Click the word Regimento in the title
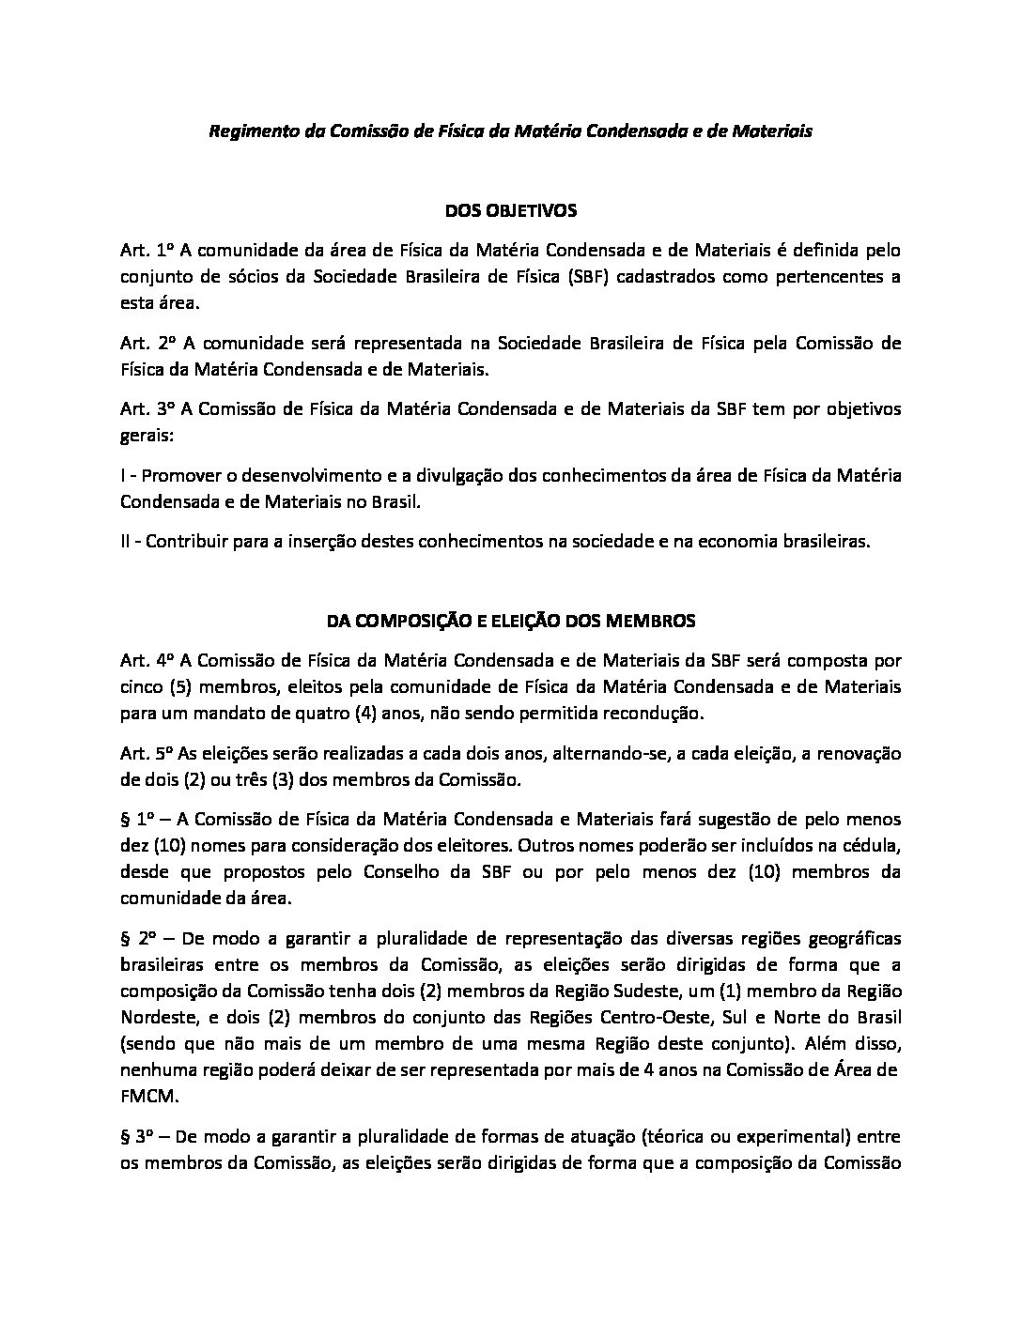247,131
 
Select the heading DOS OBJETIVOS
510,210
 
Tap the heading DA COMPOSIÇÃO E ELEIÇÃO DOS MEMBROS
510,621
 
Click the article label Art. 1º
147,250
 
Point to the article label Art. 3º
147,409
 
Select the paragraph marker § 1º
137,819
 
